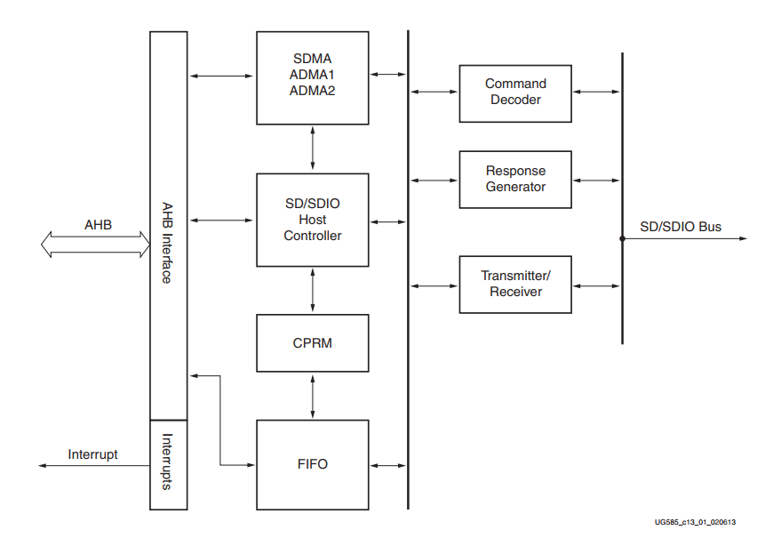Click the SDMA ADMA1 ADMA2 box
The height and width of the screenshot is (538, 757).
click(x=312, y=78)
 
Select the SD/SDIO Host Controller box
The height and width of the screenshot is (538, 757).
click(x=312, y=220)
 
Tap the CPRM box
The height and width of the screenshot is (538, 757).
click(x=312, y=342)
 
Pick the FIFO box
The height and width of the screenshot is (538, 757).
click(x=312, y=464)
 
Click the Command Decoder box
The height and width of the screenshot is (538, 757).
click(x=515, y=92)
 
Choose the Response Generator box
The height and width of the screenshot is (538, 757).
click(x=515, y=179)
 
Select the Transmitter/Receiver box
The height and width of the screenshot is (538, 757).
click(x=515, y=284)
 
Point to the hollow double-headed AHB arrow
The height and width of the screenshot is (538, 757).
click(x=96, y=245)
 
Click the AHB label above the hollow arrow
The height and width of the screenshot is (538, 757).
click(x=99, y=224)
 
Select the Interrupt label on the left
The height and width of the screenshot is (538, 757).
click(x=92, y=454)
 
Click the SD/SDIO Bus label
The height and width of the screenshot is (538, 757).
click(x=681, y=227)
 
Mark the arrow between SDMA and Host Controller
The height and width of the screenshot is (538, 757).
click(x=313, y=148)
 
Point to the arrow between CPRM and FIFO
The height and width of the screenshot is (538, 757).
click(x=313, y=396)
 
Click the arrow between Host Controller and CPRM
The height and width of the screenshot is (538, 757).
click(x=313, y=290)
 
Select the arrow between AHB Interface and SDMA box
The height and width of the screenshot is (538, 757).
click(x=222, y=77)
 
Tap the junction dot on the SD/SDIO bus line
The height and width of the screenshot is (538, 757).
click(x=622, y=239)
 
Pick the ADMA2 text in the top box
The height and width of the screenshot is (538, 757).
click(x=312, y=91)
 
